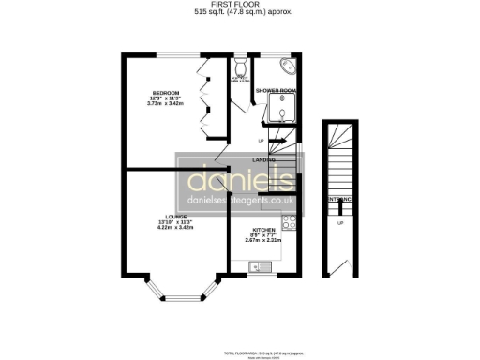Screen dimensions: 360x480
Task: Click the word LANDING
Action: tap(263, 160)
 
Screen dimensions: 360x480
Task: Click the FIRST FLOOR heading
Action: tap(239, 5)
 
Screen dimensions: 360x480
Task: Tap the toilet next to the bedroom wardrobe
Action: tap(241, 68)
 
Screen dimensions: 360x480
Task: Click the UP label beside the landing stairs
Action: tap(261, 142)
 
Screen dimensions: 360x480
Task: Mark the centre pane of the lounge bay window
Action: tap(174, 298)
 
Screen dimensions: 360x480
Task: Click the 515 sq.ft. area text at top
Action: tap(239, 13)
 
